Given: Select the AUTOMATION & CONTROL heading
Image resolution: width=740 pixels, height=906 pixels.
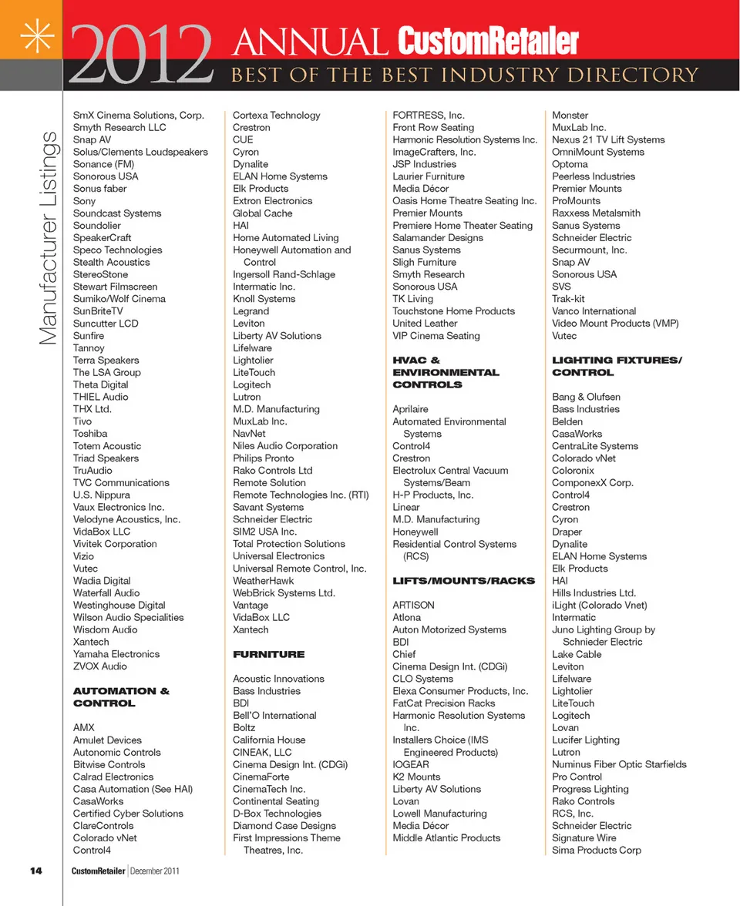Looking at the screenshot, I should tap(121, 697).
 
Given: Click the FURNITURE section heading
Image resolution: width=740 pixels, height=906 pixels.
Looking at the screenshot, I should tap(268, 654).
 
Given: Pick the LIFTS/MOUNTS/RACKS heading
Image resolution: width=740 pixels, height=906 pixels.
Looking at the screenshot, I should tap(463, 580).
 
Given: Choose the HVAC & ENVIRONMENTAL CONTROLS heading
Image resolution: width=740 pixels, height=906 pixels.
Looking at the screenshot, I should tap(446, 372).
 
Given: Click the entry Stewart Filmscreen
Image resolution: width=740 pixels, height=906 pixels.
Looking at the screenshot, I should tap(115, 287).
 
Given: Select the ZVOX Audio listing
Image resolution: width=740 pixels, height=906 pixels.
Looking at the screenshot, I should tap(100, 666).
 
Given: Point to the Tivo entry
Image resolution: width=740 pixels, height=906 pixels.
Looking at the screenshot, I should tap(82, 421).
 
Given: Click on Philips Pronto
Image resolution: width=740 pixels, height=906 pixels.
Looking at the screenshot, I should tap(263, 458).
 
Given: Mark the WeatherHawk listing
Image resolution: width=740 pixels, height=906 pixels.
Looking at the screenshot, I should tap(264, 580).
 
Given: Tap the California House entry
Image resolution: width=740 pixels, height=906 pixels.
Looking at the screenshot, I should tap(269, 740).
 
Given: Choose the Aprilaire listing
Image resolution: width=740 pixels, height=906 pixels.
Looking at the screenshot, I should tap(410, 409).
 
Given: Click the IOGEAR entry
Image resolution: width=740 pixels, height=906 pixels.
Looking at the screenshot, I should tap(411, 764).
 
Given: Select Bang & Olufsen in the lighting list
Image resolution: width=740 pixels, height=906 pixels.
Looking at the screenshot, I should tap(586, 397).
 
